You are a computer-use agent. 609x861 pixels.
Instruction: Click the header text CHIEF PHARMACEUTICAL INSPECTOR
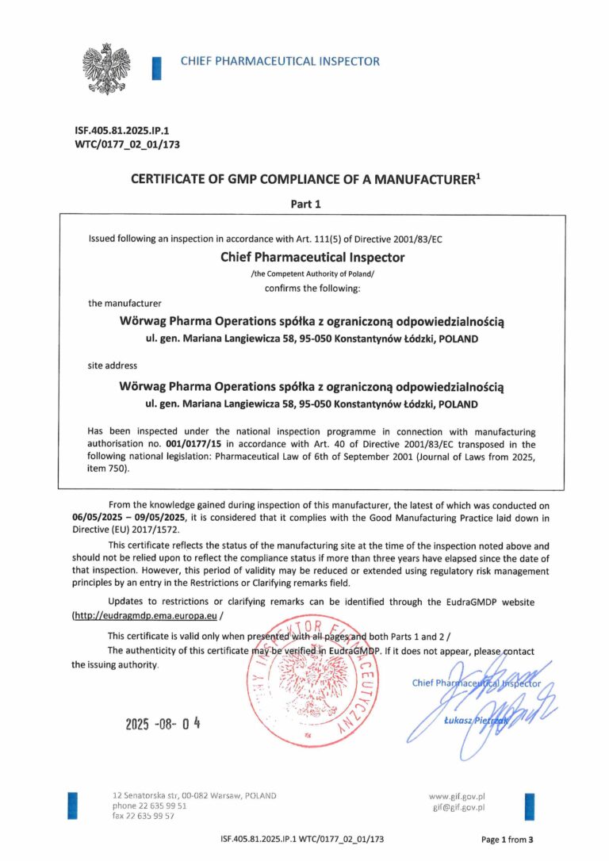tap(280, 61)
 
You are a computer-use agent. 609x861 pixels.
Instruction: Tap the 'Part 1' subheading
tap(305, 204)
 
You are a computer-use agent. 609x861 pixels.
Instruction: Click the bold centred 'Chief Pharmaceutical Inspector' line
tap(312, 257)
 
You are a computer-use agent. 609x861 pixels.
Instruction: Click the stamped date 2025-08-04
tap(163, 723)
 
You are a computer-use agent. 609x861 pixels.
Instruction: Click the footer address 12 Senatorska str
tap(193, 795)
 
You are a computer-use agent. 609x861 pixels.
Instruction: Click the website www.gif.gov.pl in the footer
tap(457, 796)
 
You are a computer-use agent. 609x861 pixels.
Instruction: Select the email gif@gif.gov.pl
tap(458, 807)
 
